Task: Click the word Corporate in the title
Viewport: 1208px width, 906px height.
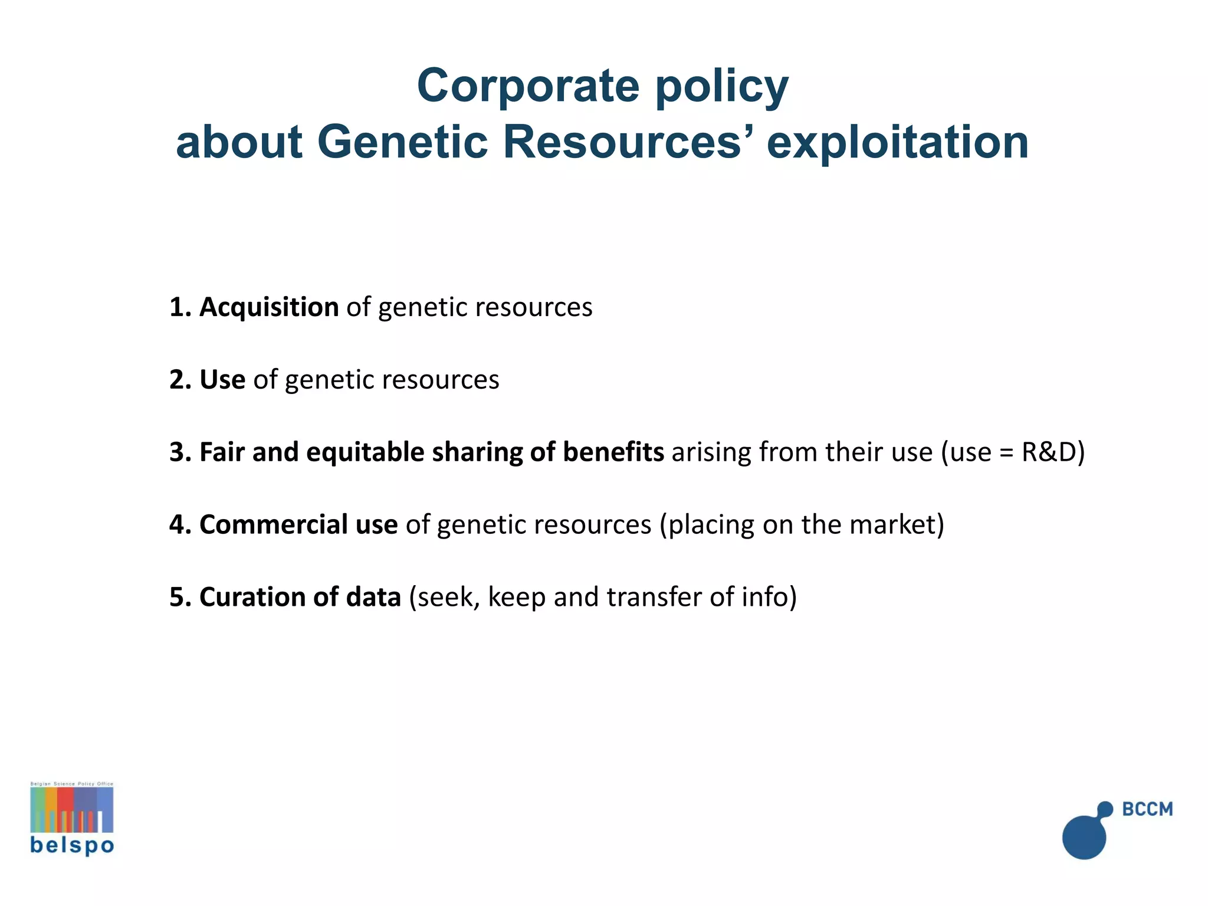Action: (528, 86)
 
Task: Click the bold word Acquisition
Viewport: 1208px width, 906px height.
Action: (269, 307)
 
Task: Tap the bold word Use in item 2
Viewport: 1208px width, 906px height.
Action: (222, 380)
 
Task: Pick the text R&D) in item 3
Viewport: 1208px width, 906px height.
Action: (1053, 452)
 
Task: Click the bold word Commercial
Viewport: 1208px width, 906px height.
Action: (274, 525)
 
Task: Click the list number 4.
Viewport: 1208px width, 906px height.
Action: (177, 525)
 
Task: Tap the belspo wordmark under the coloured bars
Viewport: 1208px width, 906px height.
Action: (72, 846)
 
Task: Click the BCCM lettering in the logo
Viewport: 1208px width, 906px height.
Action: (1147, 809)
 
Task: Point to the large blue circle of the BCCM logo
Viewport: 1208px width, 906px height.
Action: (1084, 836)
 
